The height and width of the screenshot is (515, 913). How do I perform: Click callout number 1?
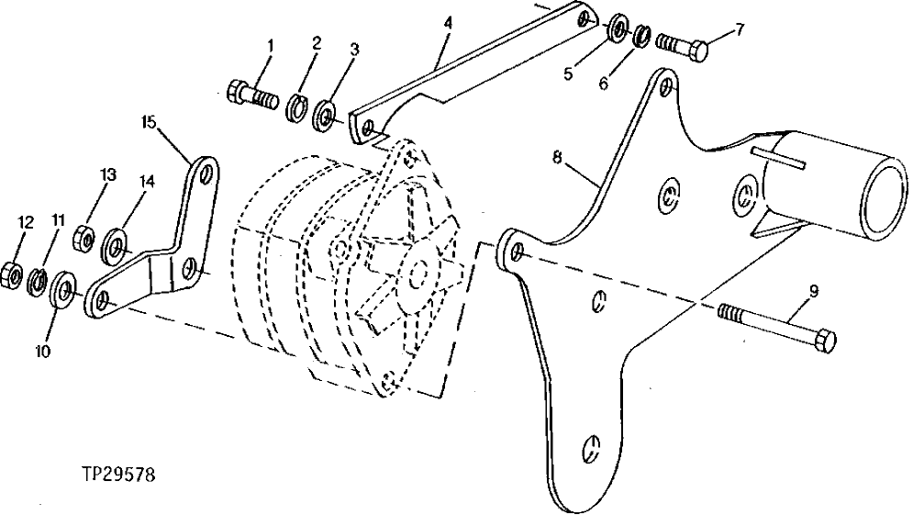(270, 46)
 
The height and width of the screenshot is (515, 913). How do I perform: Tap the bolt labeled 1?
(251, 94)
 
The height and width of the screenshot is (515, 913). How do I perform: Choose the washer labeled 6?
(642, 37)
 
